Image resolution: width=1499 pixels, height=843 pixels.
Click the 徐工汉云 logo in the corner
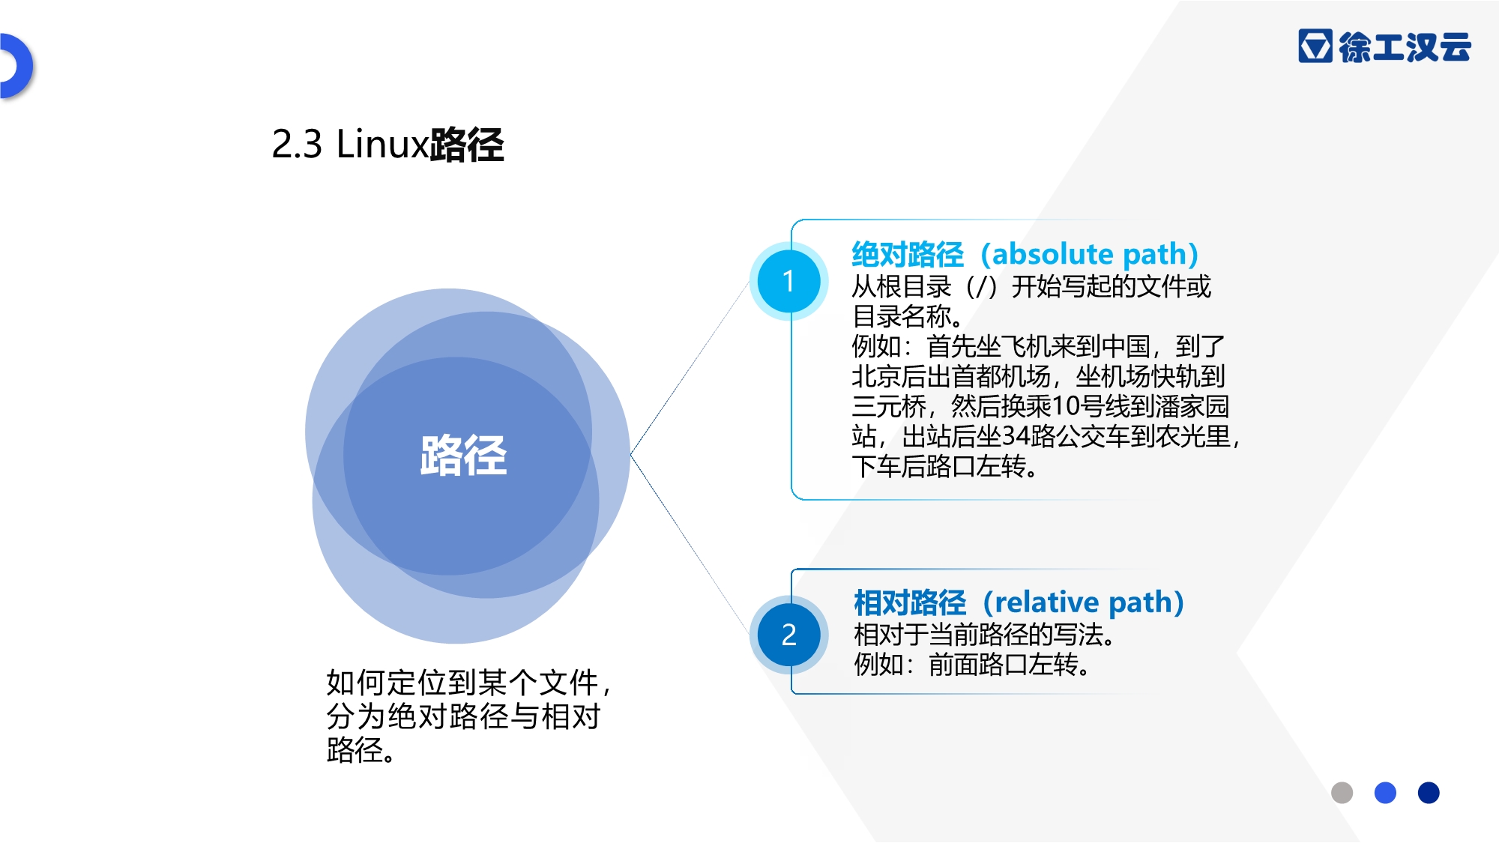pos(1384,46)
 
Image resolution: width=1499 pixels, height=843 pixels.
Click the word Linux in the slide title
pos(382,144)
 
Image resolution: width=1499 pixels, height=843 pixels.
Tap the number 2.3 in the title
pos(296,144)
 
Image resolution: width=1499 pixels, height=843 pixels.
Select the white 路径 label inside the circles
pos(463,456)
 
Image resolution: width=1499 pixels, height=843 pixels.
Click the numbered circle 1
pos(788,281)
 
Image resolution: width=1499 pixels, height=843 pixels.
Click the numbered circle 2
pos(788,635)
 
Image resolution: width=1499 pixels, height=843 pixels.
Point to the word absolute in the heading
pos(1052,254)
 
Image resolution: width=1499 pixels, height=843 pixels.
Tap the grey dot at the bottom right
pos(1342,793)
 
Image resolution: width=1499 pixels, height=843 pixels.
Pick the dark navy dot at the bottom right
pos(1429,793)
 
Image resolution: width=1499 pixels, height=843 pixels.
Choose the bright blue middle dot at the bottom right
pos(1385,793)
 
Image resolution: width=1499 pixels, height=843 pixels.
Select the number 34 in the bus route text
pos(1016,436)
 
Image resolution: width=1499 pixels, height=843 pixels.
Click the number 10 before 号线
pos(1065,406)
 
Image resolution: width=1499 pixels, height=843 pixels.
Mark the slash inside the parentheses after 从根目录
pos(980,286)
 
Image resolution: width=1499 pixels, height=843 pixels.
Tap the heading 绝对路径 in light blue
pos(908,255)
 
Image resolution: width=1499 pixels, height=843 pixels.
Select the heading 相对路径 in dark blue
pos(910,602)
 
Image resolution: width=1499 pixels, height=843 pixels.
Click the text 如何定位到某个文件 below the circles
pos(462,683)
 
